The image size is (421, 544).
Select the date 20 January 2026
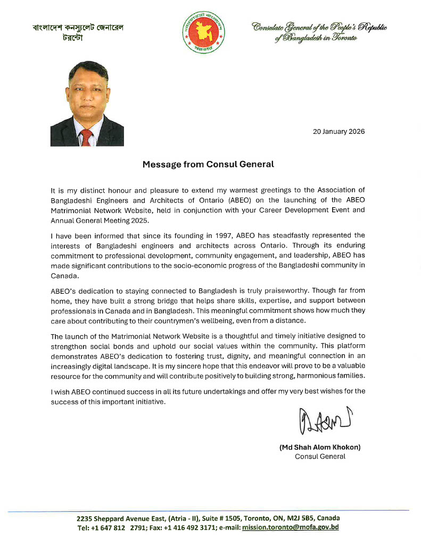coord(338,132)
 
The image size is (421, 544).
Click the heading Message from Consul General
coord(208,164)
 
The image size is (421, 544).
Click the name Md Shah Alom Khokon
coord(320,447)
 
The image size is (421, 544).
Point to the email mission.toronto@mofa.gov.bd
coord(291,528)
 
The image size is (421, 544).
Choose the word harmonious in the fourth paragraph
coord(303,376)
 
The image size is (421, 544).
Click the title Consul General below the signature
coord(320,456)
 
